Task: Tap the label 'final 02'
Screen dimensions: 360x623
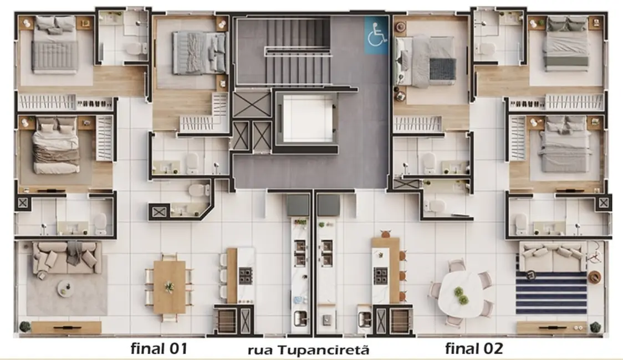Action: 473,348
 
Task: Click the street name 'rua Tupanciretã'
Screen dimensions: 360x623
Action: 308,350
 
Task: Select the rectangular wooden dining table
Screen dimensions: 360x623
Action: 169,286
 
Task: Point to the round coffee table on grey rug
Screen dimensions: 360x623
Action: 65,287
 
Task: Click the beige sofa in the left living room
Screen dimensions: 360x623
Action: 67,258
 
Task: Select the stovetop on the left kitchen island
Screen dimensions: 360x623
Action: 245,275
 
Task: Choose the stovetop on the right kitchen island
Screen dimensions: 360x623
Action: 380,275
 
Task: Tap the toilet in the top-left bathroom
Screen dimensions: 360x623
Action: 134,49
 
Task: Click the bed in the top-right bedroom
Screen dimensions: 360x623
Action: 565,44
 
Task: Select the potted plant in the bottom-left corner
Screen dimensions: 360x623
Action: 24,327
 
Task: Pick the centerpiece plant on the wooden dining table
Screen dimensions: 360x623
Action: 169,286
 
